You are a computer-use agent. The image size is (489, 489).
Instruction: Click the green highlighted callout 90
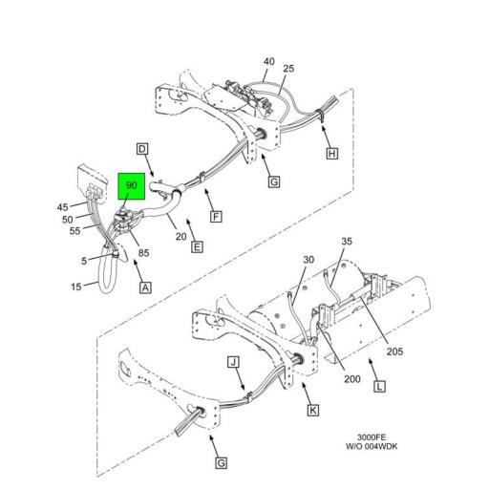130,185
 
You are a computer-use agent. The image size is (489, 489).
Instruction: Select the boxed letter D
142,148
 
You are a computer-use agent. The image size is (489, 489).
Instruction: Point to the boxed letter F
216,216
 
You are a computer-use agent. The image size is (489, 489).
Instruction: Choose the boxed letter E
196,247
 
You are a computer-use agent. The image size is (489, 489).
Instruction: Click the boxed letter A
145,287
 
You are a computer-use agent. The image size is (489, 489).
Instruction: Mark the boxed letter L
380,386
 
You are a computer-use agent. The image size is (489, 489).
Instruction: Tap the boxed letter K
311,410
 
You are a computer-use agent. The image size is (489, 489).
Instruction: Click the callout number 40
269,61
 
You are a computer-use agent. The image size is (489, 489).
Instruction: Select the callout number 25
288,69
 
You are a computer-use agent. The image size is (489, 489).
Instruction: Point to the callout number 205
395,351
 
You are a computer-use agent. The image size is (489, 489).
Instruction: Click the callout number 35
347,242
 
